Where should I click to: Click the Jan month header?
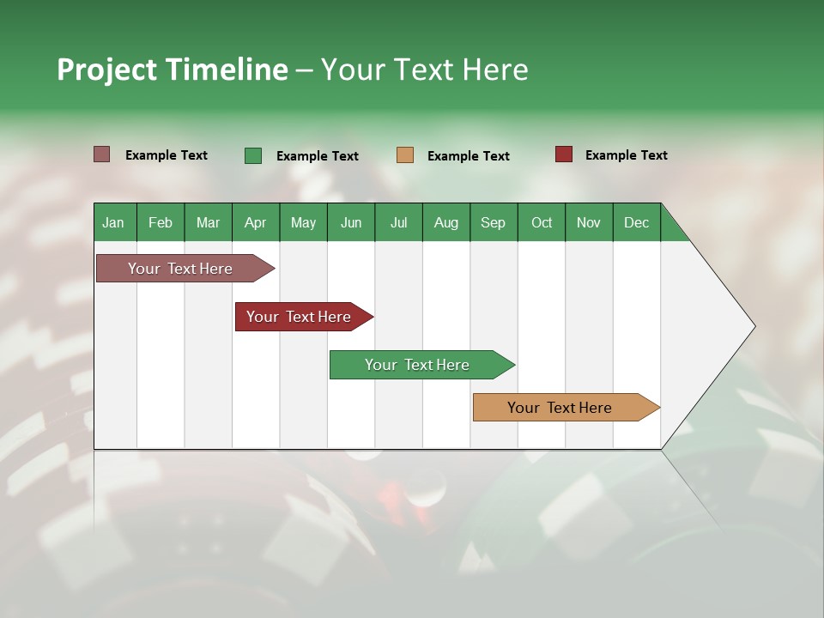[113, 222]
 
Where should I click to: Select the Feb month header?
[161, 222]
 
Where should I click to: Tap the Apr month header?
[255, 222]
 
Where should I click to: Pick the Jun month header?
[351, 222]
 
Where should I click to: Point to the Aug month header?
[445, 222]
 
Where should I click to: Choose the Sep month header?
[493, 222]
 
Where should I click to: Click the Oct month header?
[542, 222]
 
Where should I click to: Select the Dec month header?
[636, 222]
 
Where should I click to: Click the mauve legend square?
[102, 154]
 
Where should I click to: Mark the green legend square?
[253, 155]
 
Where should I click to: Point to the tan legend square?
[405, 155]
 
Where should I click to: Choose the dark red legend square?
[564, 154]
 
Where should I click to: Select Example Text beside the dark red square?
[626, 155]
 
